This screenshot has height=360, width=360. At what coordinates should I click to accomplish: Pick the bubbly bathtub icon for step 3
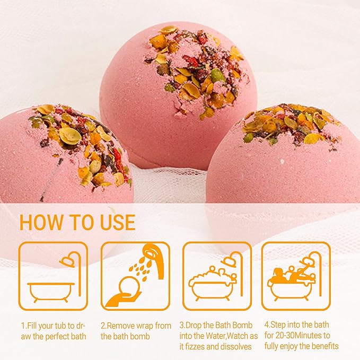(x=217, y=276)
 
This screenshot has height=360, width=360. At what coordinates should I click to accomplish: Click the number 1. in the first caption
(x=24, y=325)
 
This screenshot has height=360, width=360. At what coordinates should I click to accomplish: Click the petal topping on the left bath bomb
(x=80, y=143)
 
